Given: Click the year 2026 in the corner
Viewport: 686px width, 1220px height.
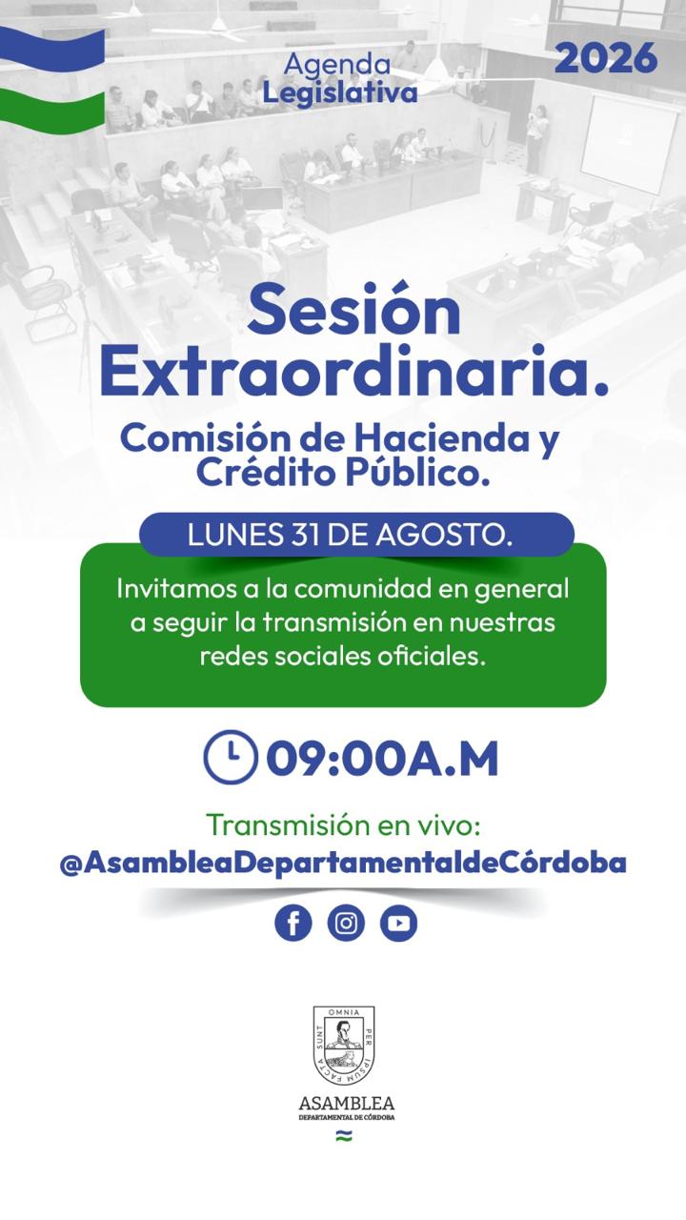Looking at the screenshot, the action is [x=606, y=58].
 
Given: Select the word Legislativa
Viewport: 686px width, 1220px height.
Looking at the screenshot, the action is [x=340, y=92].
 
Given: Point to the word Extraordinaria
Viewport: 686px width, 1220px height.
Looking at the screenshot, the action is [x=353, y=371].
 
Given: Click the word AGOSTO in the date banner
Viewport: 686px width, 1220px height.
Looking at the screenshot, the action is [x=444, y=535].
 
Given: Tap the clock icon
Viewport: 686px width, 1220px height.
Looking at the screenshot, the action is [x=231, y=757].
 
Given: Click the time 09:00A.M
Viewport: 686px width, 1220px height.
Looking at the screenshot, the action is [x=382, y=759].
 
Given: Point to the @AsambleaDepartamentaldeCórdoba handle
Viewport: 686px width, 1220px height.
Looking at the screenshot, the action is [x=343, y=863].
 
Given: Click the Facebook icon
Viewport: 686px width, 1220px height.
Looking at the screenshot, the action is [x=293, y=923].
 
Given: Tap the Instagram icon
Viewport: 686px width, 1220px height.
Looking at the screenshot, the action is [x=346, y=923].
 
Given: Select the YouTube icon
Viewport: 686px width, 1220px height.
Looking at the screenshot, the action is [x=398, y=923].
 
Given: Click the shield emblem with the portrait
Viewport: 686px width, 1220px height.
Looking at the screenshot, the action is [x=344, y=1046].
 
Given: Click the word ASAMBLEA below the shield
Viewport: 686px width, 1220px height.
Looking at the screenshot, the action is [x=346, y=1104].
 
